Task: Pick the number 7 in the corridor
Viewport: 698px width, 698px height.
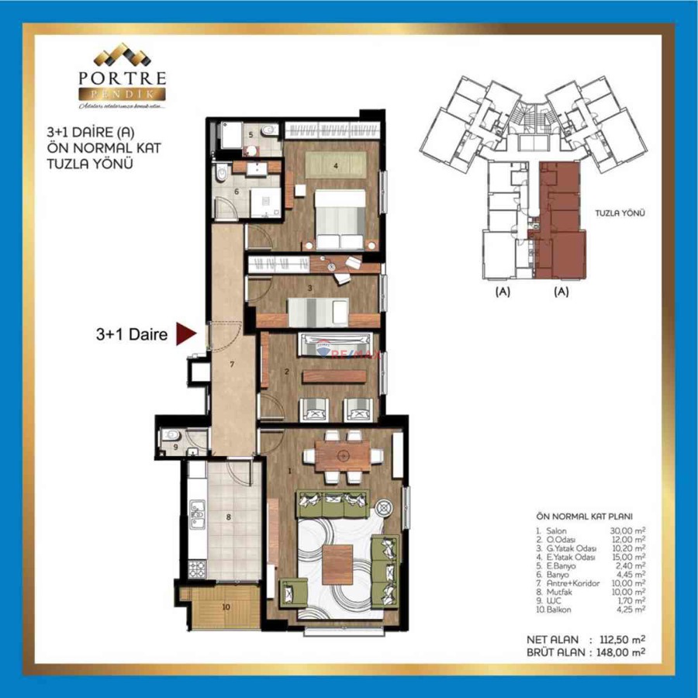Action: point(230,364)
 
